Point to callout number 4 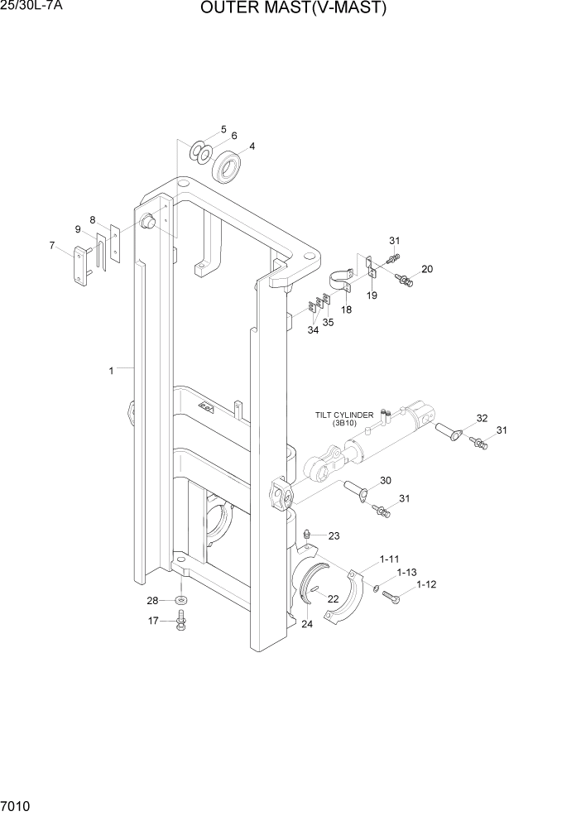click(252, 146)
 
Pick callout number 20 click(427, 269)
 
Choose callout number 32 click(482, 418)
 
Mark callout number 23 click(334, 535)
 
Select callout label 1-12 click(426, 584)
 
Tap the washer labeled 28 click(181, 598)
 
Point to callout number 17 click(153, 621)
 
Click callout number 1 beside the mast click(111, 371)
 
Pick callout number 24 click(306, 624)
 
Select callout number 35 click(328, 322)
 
